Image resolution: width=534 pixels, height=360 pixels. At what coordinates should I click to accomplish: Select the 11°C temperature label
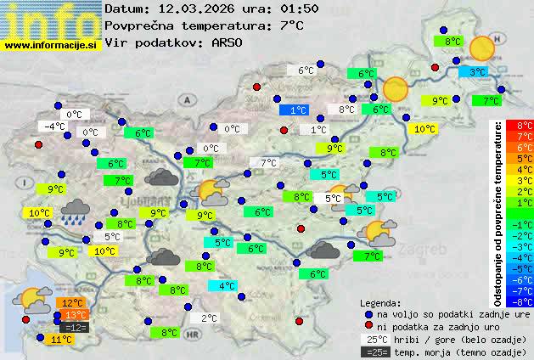(x=59, y=339)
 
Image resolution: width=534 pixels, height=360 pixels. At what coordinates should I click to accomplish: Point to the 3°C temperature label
(x=478, y=73)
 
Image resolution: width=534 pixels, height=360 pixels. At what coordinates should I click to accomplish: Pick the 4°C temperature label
(x=227, y=286)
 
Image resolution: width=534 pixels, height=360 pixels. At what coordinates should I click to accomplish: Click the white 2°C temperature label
(x=209, y=318)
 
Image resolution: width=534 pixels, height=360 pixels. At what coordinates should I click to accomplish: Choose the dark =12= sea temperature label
(x=75, y=327)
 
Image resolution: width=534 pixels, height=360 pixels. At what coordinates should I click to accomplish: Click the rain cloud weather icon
(x=77, y=210)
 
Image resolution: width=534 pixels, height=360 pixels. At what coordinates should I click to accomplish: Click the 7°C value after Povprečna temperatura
(x=291, y=25)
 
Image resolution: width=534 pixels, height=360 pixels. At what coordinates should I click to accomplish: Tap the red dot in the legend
(x=368, y=326)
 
